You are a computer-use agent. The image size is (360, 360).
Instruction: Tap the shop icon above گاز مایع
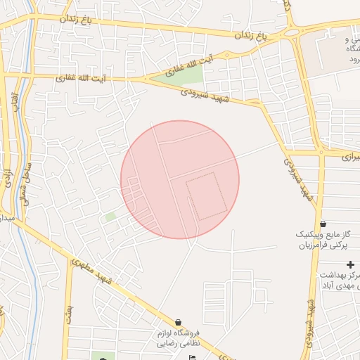323,223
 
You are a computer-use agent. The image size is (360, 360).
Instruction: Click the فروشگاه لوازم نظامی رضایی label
177,338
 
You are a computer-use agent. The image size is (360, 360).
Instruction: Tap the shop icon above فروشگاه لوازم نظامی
177,322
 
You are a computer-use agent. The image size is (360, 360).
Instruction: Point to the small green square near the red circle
110,218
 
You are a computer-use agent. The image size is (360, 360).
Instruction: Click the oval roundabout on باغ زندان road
290,32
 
